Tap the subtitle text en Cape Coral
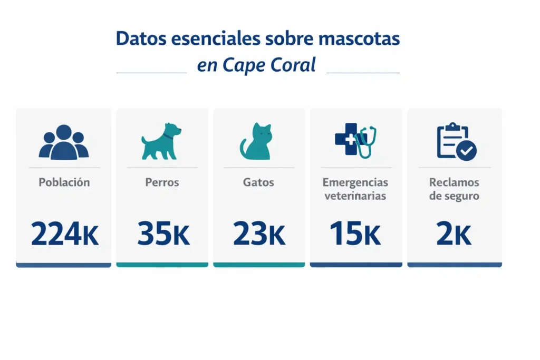click(256, 65)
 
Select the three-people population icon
click(64, 142)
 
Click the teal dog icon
click(161, 141)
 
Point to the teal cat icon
click(257, 142)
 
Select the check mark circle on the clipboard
click(466, 151)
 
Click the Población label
click(64, 182)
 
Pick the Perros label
click(162, 182)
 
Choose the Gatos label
click(258, 182)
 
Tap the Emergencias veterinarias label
click(355, 189)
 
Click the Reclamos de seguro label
click(454, 189)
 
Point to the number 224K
click(64, 234)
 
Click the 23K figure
click(258, 234)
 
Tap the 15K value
click(355, 234)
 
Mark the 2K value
click(454, 234)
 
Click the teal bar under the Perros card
click(162, 265)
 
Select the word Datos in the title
click(138, 39)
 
